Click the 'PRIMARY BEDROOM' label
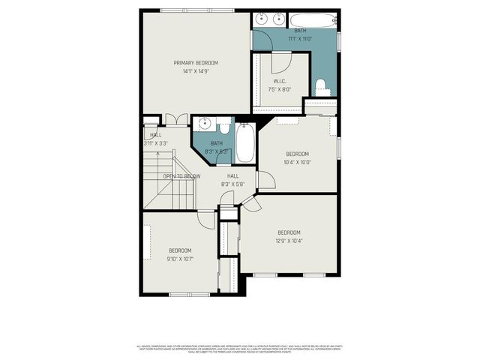196,62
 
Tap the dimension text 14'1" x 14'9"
196,71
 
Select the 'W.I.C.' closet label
279,81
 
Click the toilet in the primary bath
322,85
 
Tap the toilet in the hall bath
223,127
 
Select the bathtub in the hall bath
245,143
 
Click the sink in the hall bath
204,125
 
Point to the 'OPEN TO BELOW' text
181,176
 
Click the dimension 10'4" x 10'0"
297,162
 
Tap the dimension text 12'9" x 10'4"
289,241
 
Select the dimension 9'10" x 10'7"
180,259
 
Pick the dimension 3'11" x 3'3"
156,143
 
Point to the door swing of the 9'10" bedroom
207,218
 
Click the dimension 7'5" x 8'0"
280,89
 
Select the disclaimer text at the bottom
239,349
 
